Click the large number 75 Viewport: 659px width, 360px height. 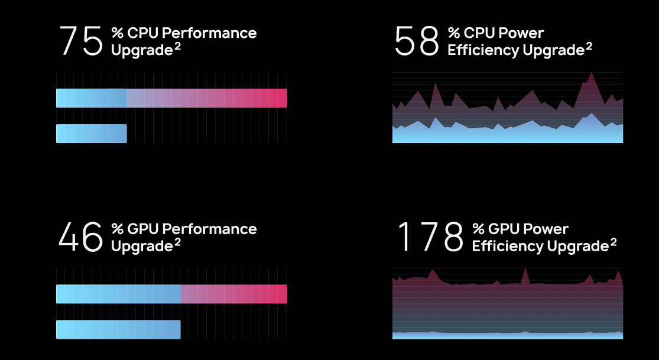click(x=82, y=41)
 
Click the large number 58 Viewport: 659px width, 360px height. click(x=417, y=41)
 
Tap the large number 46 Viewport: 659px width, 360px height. click(x=82, y=237)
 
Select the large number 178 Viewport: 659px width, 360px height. click(x=430, y=237)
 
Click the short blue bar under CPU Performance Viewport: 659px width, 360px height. click(x=91, y=134)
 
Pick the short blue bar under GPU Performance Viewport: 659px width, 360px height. click(x=118, y=329)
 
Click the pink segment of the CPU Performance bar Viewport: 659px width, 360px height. click(x=207, y=98)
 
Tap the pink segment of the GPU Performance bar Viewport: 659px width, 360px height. click(x=233, y=294)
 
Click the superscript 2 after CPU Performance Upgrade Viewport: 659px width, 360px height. click(x=177, y=46)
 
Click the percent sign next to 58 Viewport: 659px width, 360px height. click(x=454, y=33)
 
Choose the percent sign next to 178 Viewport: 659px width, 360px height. click(x=478, y=229)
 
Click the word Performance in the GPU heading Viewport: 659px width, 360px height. click(x=209, y=229)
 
